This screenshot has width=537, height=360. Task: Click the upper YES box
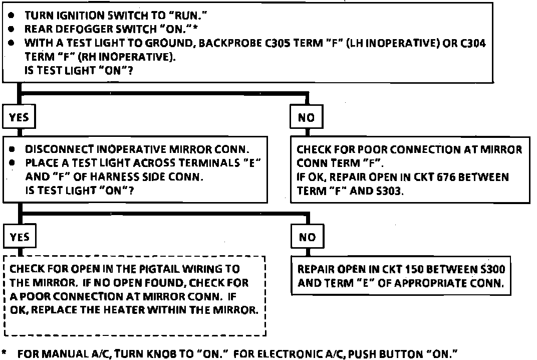19,117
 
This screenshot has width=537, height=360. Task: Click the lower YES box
19,237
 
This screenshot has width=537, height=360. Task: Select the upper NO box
306,117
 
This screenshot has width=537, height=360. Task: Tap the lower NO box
307,237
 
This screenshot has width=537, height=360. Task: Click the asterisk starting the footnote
5,353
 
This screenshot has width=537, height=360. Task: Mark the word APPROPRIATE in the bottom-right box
426,282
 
